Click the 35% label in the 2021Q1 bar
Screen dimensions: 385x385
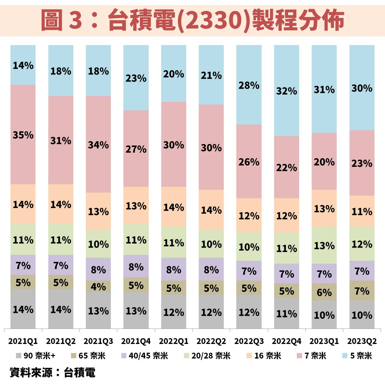coord(23,135)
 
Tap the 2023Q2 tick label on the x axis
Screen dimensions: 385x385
coord(362,341)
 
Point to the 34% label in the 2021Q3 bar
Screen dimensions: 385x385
coord(98,145)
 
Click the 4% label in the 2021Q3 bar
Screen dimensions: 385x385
coord(98,287)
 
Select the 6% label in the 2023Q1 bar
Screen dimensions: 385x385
coord(324,292)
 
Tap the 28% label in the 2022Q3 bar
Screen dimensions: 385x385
coord(249,85)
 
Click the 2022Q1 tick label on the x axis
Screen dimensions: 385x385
coord(173,341)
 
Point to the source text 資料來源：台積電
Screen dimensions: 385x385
coord(52,372)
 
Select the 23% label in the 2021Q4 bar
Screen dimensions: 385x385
coord(136,78)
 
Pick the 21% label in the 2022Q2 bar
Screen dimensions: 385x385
coord(211,75)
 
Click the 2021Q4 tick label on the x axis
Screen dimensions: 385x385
coord(136,341)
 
